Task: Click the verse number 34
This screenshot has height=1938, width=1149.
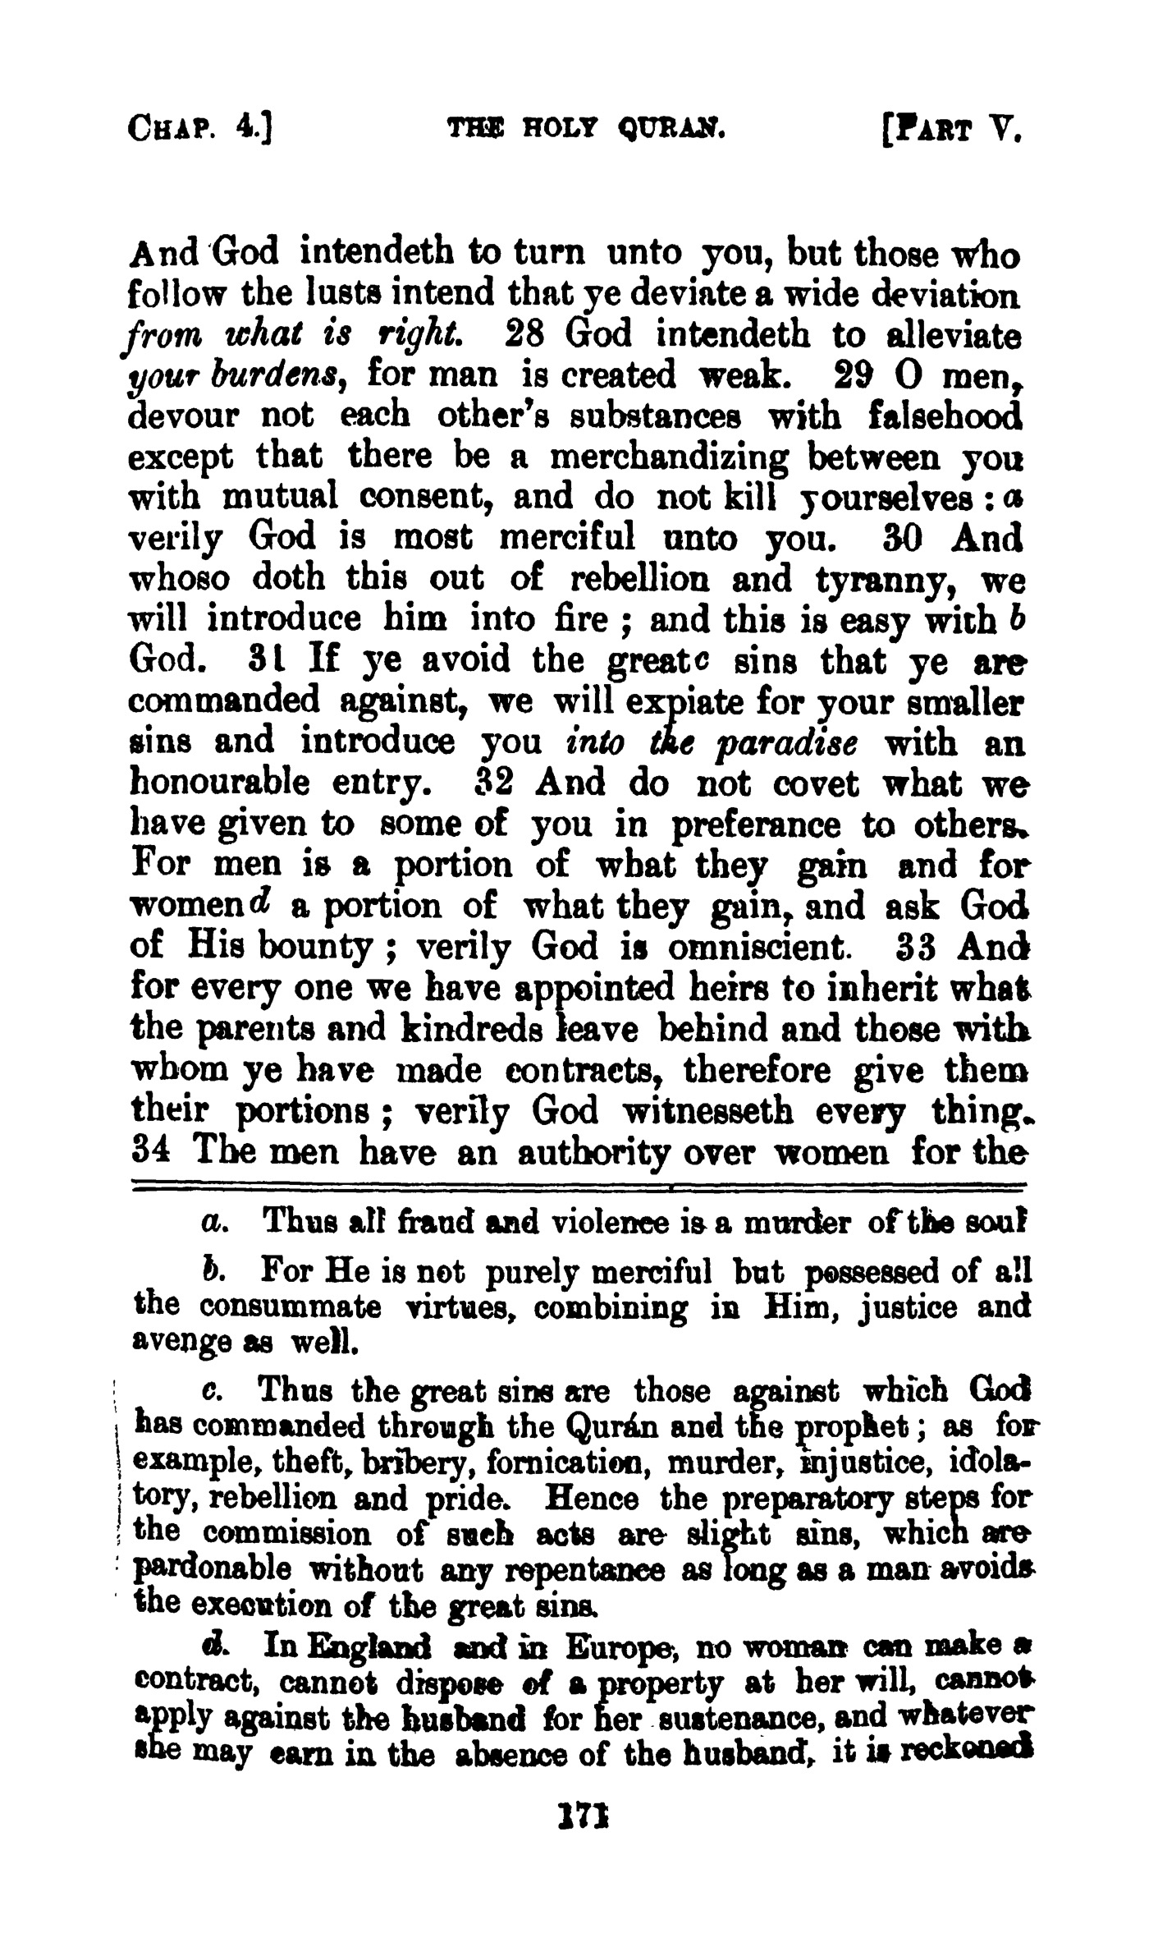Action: coord(150,1150)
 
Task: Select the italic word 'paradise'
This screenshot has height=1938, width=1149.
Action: coord(787,744)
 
